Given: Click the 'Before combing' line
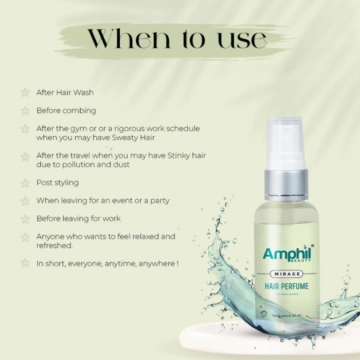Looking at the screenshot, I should (x=65, y=111).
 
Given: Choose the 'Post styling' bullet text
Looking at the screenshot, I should (x=58, y=183).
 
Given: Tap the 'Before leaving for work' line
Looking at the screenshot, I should (x=79, y=219).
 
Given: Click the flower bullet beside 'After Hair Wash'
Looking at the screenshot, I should (x=25, y=92).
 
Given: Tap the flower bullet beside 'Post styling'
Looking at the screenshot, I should (x=25, y=183).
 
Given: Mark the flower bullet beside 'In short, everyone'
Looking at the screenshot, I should (x=25, y=263).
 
